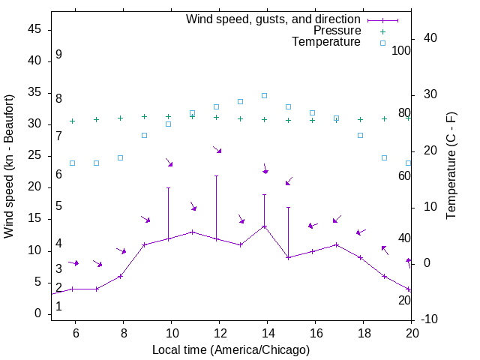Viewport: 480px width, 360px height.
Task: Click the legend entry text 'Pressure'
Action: point(337,31)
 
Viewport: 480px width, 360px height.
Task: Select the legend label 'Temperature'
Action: point(326,42)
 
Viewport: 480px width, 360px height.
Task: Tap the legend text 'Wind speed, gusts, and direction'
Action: point(274,19)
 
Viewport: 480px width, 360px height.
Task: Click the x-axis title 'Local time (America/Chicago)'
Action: point(230,349)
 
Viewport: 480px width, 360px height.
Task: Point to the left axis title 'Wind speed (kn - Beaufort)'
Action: point(9,166)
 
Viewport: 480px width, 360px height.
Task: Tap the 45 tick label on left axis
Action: point(34,29)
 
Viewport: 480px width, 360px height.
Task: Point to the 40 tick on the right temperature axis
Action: point(420,38)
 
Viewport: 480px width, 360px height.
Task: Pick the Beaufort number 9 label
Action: point(58,55)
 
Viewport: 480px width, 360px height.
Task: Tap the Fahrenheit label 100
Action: point(401,50)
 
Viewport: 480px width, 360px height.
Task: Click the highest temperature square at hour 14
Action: point(264,95)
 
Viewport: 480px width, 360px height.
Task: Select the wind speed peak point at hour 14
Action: point(264,226)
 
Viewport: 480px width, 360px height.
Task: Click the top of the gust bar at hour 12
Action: point(216,175)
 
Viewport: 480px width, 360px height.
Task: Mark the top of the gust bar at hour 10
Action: point(168,187)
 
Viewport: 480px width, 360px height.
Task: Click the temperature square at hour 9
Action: point(144,135)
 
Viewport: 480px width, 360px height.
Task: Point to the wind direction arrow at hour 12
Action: point(217,150)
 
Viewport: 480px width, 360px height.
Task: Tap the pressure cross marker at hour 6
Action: point(72,121)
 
